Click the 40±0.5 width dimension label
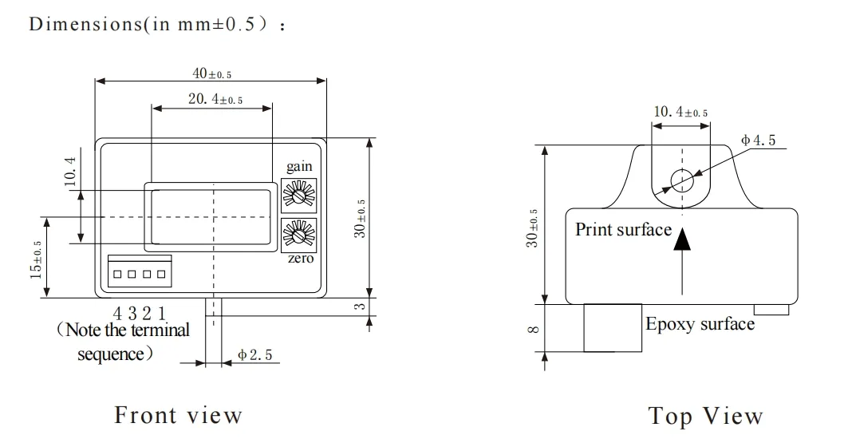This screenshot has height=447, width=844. [x=211, y=73]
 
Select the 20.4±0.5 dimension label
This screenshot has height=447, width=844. [x=215, y=100]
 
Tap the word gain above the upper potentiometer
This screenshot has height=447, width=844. [x=299, y=167]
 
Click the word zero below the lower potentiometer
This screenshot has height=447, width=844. [x=300, y=259]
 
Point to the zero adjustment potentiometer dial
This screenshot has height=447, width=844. [x=300, y=234]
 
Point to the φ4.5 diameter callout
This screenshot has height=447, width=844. [x=757, y=140]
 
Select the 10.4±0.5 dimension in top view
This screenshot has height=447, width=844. [x=680, y=113]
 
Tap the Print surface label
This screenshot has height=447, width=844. [x=623, y=230]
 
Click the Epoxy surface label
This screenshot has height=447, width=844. [x=700, y=324]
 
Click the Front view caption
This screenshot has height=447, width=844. [x=178, y=415]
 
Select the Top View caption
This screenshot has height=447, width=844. [x=705, y=416]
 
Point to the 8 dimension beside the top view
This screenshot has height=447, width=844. [x=534, y=328]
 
